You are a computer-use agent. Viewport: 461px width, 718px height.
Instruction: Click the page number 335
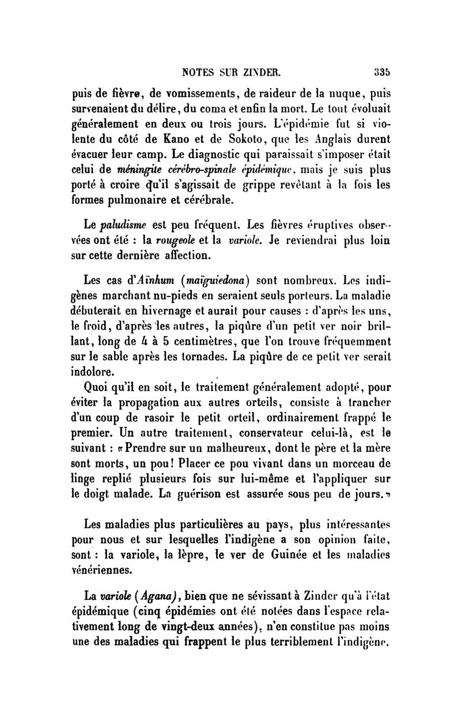(x=377, y=73)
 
